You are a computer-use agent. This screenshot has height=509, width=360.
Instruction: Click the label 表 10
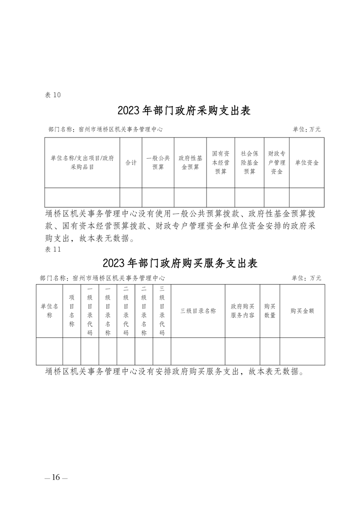[53, 95]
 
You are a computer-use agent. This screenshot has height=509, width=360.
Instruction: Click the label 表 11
[53, 250]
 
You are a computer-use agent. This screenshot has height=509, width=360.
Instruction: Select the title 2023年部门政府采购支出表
[184, 110]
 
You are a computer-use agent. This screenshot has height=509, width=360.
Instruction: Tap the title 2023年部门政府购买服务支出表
[180, 263]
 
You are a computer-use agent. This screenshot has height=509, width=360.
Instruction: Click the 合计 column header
[131, 162]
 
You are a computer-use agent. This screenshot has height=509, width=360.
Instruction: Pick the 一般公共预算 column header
[158, 162]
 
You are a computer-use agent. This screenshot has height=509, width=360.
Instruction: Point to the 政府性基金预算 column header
[190, 162]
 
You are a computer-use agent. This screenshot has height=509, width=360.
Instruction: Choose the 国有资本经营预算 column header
[221, 162]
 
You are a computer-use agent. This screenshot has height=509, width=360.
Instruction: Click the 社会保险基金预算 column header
[250, 162]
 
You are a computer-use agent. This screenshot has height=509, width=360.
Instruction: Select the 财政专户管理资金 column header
[277, 162]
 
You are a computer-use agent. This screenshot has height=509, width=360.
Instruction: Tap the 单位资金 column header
[307, 162]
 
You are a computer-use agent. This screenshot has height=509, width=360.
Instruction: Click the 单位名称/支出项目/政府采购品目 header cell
[82, 162]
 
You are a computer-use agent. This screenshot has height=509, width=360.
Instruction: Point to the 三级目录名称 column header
[198, 311]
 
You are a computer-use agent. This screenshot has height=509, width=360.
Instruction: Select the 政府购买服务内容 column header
[243, 311]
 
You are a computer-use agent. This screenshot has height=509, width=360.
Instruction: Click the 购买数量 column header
[270, 311]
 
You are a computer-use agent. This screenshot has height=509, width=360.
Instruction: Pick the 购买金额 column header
[302, 311]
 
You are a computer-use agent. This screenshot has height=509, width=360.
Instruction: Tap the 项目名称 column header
[72, 311]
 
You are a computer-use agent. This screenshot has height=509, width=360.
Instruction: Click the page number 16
[56, 477]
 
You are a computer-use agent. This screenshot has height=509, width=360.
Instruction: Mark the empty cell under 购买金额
[302, 351]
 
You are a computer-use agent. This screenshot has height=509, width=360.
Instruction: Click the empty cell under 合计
[131, 197]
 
